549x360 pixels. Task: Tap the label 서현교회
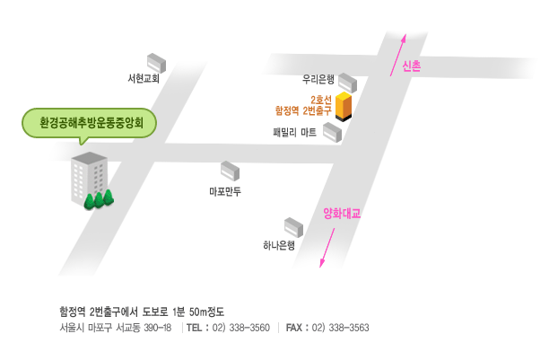point(144,79)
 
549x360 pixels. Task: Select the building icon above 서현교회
point(158,62)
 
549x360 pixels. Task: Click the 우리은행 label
point(318,79)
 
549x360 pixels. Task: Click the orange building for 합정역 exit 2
point(342,106)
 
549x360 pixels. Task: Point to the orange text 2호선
point(320,99)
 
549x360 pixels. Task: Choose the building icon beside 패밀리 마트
point(333,133)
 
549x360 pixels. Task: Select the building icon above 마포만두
point(231,170)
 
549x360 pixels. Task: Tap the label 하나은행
point(279,244)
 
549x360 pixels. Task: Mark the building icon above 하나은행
point(294,226)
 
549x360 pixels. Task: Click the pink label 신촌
point(413,66)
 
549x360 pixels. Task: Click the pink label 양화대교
point(341,214)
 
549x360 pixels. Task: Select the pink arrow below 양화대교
point(327,248)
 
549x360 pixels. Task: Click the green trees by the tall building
point(99,198)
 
